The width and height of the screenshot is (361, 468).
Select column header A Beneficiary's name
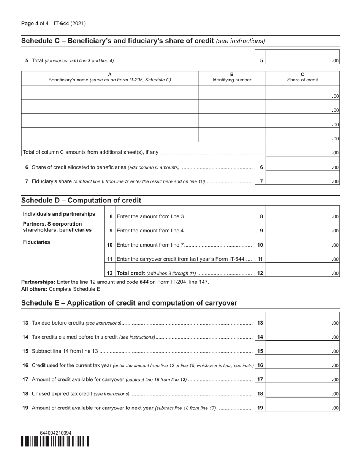[x=110, y=77]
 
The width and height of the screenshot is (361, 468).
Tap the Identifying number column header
[x=232, y=77]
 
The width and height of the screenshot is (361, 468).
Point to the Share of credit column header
[x=302, y=77]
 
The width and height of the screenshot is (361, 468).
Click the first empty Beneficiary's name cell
[x=110, y=92]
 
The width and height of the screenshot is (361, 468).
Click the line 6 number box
[x=261, y=167]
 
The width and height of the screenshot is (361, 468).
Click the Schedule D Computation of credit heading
[x=81, y=201]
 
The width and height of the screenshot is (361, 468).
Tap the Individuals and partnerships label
[x=59, y=214]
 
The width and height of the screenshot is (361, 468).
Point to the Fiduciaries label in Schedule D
[x=36, y=242]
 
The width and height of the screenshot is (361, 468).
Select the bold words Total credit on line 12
[x=131, y=273]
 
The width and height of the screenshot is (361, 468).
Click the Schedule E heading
[x=129, y=303]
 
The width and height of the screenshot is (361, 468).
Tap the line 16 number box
[x=260, y=365]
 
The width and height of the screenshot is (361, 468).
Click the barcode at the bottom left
[x=56, y=441]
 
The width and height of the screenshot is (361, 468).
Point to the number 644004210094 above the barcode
[x=55, y=433]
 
